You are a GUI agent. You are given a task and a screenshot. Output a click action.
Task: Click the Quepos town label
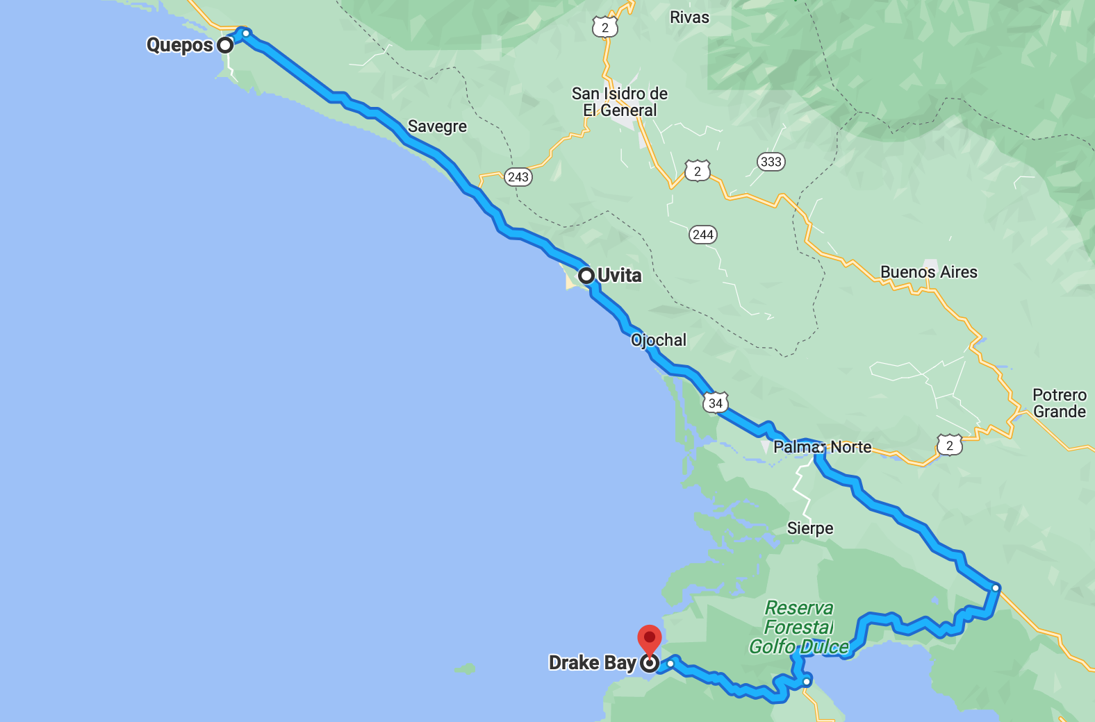[179, 45]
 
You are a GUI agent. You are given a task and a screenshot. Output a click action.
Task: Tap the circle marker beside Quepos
[225, 45]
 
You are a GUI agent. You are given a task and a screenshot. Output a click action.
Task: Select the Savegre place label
[437, 126]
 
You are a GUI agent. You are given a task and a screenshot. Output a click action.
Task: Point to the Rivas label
[689, 17]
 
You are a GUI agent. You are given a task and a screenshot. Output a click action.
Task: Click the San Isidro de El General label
[620, 102]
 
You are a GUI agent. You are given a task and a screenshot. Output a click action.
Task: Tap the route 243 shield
[518, 177]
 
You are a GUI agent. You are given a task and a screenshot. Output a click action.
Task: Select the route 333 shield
[771, 162]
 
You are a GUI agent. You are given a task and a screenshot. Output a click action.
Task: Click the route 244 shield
[703, 235]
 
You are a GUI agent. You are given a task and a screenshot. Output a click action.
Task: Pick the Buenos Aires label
[928, 272]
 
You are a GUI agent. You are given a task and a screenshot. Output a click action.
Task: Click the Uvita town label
[620, 276]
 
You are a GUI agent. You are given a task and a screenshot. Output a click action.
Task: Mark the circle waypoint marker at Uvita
[586, 276]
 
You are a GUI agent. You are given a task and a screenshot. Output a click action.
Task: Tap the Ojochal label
[658, 340]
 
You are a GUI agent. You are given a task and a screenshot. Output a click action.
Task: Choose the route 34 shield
[715, 403]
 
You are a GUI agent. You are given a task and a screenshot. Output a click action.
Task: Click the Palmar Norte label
[822, 447]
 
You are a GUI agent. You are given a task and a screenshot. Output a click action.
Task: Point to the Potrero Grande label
[1059, 403]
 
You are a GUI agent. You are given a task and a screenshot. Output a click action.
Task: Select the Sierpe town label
[810, 528]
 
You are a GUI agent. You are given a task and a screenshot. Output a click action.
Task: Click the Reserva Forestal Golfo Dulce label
[799, 628]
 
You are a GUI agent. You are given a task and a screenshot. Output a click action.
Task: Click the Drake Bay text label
[592, 663]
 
